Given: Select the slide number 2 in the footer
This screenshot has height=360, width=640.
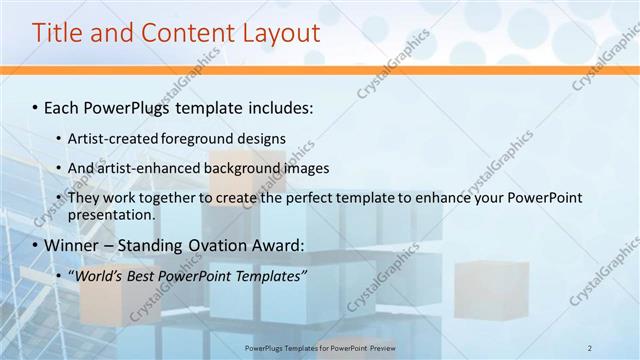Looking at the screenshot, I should pos(590,347).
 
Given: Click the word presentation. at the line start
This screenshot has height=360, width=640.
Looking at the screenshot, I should pos(111,214).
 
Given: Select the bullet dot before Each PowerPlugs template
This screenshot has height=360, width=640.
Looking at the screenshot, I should pos(36,107).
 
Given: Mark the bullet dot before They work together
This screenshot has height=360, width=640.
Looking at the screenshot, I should pos(59,198).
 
